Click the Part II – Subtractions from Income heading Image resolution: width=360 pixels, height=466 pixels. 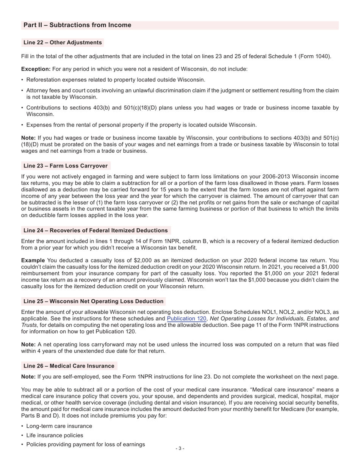coord(77,25)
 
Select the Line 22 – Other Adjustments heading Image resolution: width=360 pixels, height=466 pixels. coord(63,42)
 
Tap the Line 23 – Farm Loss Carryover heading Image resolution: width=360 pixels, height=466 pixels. coord(66,166)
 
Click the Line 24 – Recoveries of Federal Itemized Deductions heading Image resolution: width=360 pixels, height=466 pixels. coord(95,230)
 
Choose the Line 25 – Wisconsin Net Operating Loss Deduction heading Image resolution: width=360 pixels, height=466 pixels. coord(93,301)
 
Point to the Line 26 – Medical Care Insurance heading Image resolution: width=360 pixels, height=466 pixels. coord(69,366)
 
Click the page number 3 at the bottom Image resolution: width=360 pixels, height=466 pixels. coord(180,449)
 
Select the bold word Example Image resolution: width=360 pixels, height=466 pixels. coord(33,260)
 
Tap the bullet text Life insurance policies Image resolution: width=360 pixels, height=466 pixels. coord(55,435)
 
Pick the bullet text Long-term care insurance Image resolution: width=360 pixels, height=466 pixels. coord(59,426)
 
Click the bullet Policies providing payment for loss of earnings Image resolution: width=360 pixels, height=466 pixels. coord(85,444)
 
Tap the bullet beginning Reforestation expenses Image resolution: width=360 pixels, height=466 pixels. coord(116,80)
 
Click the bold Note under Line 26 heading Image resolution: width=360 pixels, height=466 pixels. coord(28,377)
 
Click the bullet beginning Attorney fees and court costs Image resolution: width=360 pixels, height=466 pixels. coord(182,94)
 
